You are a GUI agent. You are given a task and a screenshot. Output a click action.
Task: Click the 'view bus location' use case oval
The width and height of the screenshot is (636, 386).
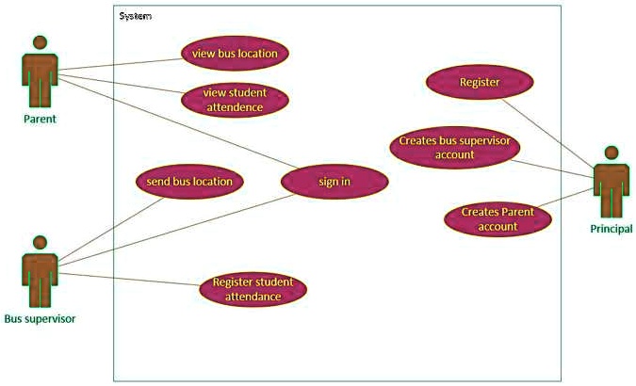click(x=235, y=54)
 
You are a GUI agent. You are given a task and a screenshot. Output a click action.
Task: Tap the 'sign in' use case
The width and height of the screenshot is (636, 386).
click(x=334, y=182)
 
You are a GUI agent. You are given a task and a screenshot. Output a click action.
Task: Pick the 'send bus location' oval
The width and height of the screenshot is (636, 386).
click(x=189, y=181)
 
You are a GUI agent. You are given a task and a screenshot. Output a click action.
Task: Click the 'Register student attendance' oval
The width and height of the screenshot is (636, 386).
click(x=253, y=289)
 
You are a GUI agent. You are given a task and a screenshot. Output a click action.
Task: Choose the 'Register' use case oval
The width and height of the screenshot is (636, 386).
click(x=480, y=82)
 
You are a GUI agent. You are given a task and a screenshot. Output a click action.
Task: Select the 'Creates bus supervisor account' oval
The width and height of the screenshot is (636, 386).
click(x=454, y=148)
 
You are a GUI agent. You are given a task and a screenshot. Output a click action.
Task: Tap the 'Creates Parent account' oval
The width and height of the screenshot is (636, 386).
click(x=497, y=219)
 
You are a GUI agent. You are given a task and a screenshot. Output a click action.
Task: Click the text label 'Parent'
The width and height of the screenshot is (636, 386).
click(x=41, y=120)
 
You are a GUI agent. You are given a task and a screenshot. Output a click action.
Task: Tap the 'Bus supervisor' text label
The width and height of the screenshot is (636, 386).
click(x=40, y=319)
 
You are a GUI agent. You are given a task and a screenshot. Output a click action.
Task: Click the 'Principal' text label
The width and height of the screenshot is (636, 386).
click(x=612, y=229)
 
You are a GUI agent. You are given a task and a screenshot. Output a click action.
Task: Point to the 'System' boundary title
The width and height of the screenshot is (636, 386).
click(x=136, y=16)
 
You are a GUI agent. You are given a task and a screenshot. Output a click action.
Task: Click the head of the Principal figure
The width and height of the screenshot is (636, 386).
click(x=611, y=153)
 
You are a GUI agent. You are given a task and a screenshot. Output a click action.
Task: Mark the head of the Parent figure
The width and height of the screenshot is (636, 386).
click(x=40, y=42)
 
